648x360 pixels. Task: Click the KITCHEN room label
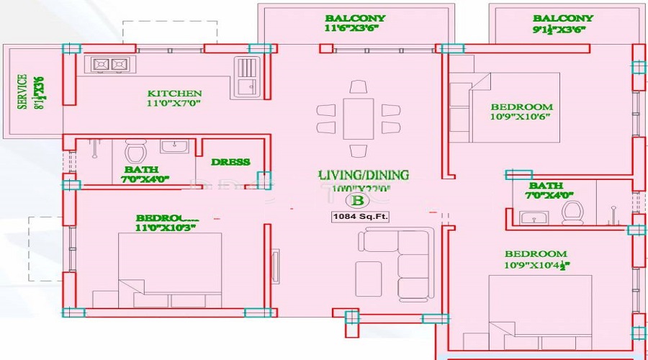coord(174,93)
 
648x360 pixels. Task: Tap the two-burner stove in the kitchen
coord(109,65)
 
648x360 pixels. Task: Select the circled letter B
coord(356,201)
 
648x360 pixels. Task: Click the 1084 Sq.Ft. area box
coord(360,216)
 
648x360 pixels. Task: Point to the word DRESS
coord(230,162)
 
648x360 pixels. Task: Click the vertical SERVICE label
coord(22,92)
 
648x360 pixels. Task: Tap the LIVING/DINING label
coord(364,175)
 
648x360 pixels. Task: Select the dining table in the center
coord(358,118)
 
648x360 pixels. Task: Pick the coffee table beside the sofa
coord(369,276)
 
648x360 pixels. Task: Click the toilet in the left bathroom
coord(135,153)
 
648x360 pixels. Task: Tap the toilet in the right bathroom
coord(573,212)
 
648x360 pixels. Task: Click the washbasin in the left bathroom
coord(173,147)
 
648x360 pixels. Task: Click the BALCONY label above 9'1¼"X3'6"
coord(563,18)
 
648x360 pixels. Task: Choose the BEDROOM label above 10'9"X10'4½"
coord(536,253)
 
